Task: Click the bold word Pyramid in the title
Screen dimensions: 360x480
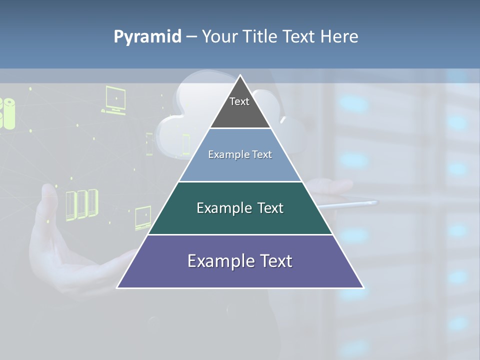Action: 147,37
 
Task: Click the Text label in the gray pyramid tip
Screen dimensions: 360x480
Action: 239,101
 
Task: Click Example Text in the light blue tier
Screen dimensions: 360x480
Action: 240,154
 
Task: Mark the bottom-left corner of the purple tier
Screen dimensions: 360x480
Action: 117,287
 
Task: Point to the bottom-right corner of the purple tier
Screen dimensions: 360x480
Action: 363,287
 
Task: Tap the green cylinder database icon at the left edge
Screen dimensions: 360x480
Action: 8,113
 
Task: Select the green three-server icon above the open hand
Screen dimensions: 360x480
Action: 81,204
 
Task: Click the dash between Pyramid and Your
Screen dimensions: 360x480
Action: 191,37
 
